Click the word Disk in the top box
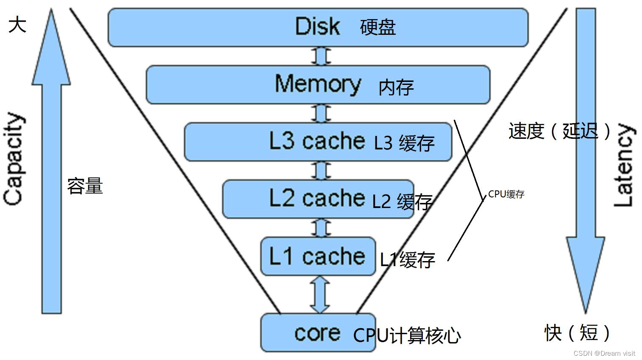point(317,27)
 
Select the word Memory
point(318,84)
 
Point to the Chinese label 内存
point(396,87)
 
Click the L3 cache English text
point(317,141)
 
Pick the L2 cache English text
point(317,198)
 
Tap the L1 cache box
point(318,256)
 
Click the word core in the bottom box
point(317,333)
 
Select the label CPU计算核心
point(407,336)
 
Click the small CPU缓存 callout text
point(506,194)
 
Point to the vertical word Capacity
point(14,160)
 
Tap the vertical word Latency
point(624,166)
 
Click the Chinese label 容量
point(85,186)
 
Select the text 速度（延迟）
point(560,131)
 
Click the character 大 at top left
point(17,25)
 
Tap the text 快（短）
point(577,332)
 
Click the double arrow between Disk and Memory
point(321,56)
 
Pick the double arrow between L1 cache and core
point(320,295)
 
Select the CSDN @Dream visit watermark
point(604,354)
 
